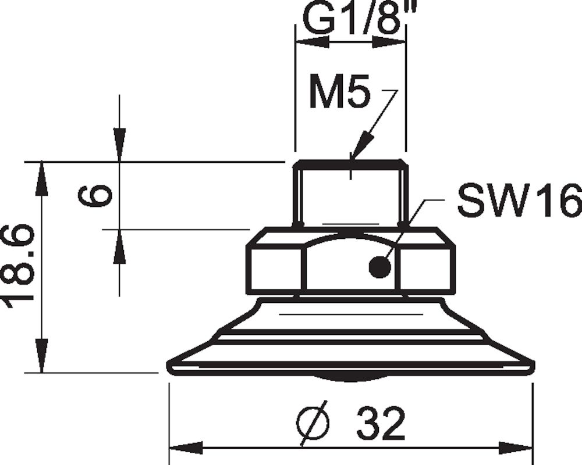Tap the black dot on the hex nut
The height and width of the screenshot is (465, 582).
coord(379,267)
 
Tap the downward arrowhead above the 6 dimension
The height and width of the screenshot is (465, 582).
coord(119,145)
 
